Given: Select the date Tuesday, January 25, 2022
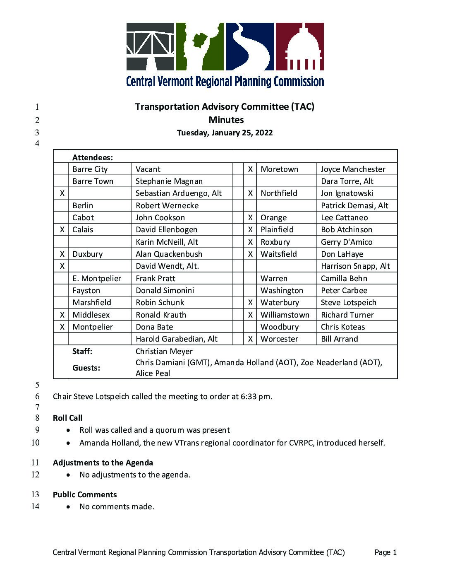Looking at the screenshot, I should tap(225, 133).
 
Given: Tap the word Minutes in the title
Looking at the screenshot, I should tap(226, 120).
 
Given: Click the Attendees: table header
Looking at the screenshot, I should tap(93, 157).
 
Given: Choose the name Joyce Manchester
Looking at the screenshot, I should tap(353, 169).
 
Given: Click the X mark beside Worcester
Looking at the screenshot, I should tap(250, 339).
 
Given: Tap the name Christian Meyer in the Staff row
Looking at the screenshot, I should tap(164, 351).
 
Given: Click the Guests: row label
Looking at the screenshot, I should tap(86, 368).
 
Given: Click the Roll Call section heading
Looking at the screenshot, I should tap(67, 418).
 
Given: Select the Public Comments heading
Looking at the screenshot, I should tap(85, 494).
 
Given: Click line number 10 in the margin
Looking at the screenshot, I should tap(36, 443).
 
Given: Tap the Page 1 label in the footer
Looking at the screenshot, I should tap(385, 552).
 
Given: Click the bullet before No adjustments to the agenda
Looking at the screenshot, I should tap(68, 475).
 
